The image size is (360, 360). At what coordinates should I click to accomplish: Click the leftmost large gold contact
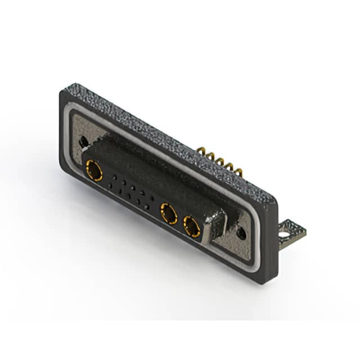click(94, 170)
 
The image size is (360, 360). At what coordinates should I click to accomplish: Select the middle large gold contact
click(168, 214)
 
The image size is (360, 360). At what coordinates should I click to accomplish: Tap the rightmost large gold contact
click(192, 227)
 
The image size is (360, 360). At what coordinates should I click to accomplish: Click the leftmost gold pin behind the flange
click(201, 151)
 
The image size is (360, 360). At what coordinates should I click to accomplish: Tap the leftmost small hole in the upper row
click(115, 177)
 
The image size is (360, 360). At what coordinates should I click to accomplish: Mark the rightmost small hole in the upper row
click(152, 199)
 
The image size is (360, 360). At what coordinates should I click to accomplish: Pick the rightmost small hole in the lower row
click(147, 207)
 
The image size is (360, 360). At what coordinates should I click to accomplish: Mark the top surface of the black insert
click(152, 169)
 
